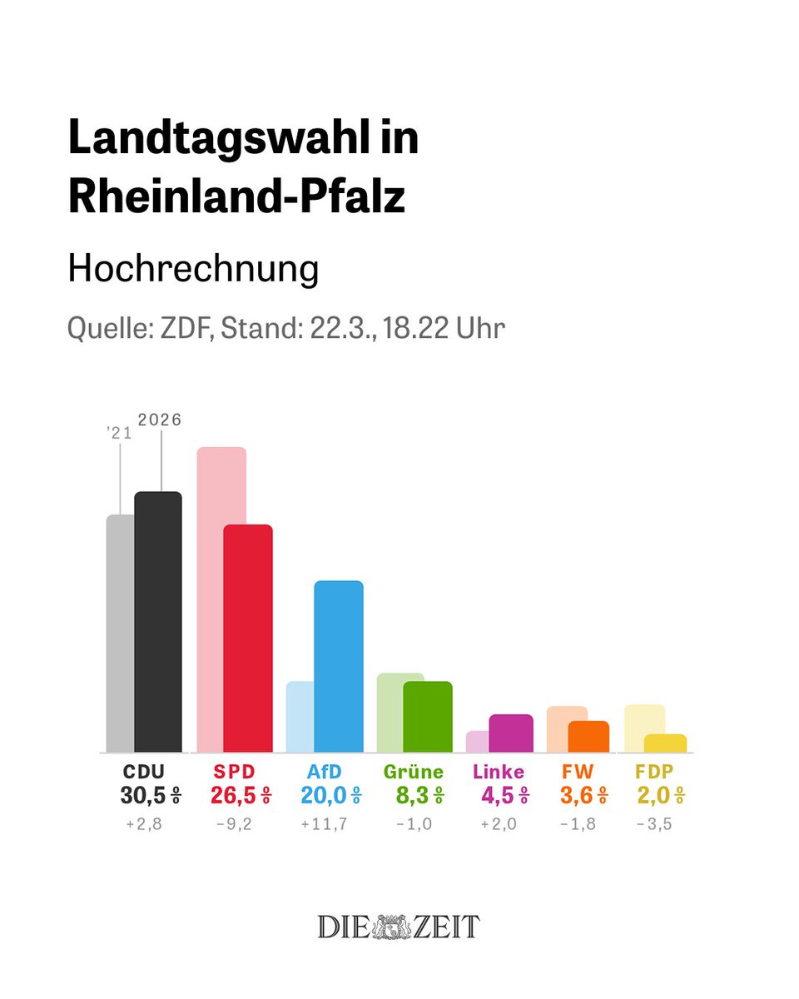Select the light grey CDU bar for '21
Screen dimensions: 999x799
pos(120,633)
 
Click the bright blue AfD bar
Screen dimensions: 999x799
pos(339,666)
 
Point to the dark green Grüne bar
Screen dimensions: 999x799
pos(428,717)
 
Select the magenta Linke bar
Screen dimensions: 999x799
pos(511,733)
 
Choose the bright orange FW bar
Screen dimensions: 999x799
pos(589,737)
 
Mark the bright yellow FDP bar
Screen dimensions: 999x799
pos(665,743)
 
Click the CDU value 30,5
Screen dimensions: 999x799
pos(144,796)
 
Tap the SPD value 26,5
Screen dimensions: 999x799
pos(235,796)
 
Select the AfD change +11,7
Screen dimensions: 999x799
pos(325,825)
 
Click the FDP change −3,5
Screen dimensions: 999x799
pos(655,825)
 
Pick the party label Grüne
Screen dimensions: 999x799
pos(414,772)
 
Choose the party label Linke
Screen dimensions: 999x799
pos(499,772)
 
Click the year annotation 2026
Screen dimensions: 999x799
pos(160,420)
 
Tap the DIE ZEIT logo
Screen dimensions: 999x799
pos(399,927)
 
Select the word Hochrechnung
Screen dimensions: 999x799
pos(193,269)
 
